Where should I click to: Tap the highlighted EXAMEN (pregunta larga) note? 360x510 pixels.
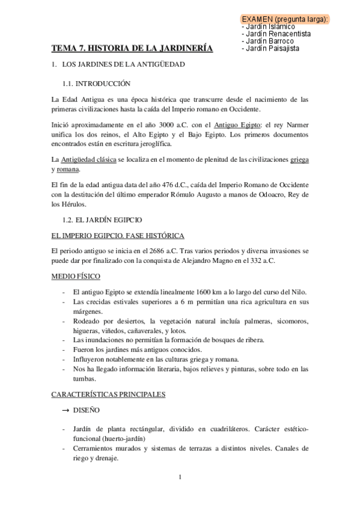pyautogui.click(x=284, y=19)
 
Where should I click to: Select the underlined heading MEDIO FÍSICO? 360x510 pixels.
pyautogui.click(x=76, y=275)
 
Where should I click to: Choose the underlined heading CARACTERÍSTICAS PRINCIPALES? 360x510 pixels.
pyautogui.click(x=109, y=395)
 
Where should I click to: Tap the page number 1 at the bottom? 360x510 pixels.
pyautogui.click(x=180, y=478)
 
